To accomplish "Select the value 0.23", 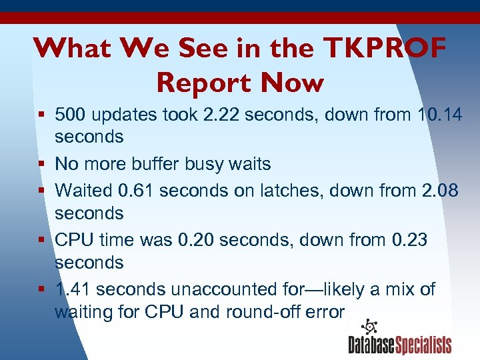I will [x=405, y=239].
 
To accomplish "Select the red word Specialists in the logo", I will [x=425, y=345].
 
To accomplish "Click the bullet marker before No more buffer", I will [x=41, y=164].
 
